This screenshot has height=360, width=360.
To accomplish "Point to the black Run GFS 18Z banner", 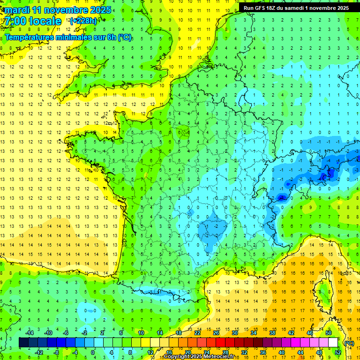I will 296,8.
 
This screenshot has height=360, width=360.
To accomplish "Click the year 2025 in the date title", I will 100,10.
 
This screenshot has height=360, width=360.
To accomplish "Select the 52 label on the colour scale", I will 338,352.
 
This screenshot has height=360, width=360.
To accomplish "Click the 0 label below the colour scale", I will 93,352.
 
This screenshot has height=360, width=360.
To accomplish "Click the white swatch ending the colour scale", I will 333,343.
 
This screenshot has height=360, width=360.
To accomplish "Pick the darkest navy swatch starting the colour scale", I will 23,343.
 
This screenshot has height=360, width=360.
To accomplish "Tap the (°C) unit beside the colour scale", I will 349,343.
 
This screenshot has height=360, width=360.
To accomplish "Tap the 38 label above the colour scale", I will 272,333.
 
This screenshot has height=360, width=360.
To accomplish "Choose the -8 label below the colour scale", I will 57,352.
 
